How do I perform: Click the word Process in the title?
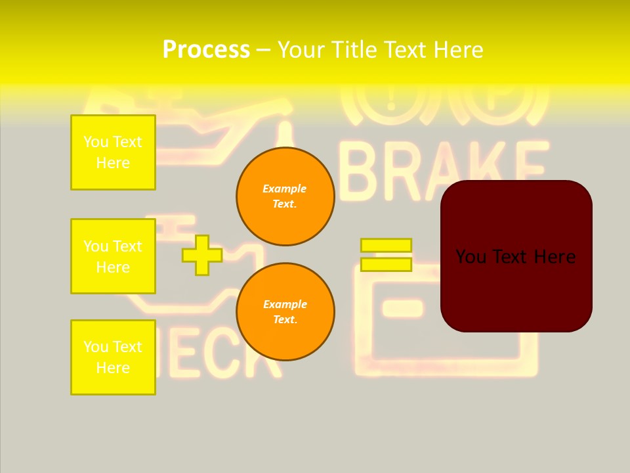point(206,50)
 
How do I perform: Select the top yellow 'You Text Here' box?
point(113,152)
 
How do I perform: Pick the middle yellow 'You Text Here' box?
point(113,256)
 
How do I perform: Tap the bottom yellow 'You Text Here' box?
point(113,357)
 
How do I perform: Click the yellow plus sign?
point(202,255)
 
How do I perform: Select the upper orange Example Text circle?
point(285,196)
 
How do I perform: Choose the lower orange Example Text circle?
point(285,312)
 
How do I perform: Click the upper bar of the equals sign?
point(386,246)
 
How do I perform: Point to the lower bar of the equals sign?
point(386,264)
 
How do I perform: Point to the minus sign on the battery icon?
point(402,306)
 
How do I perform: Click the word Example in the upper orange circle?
point(285,189)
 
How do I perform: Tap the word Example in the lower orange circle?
point(285,304)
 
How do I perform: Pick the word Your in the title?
point(298,50)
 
